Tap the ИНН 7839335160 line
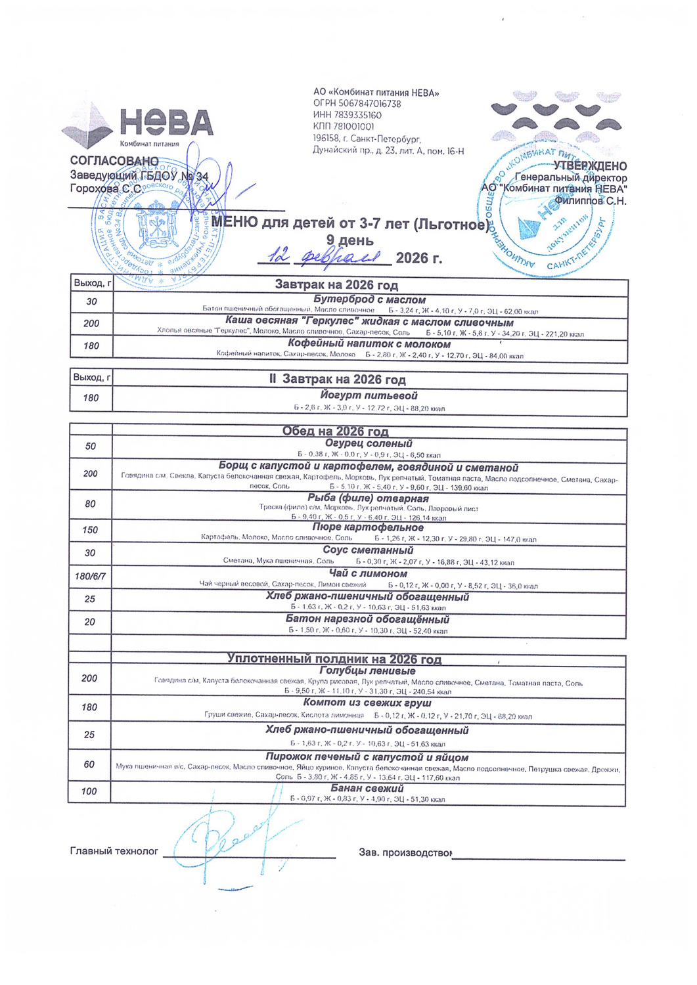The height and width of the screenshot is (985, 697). (347, 115)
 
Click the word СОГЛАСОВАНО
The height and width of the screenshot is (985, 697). (114, 161)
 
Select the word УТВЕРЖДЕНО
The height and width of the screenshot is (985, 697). (590, 166)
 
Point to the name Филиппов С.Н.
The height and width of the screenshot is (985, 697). (590, 201)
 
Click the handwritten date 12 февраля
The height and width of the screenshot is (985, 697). (325, 257)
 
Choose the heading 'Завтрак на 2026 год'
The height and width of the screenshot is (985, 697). (336, 285)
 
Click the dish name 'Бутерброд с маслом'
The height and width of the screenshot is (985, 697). (369, 299)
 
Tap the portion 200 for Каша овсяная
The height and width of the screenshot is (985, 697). (91, 323)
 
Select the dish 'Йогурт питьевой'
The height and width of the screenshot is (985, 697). (369, 395)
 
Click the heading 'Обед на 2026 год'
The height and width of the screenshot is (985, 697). (335, 431)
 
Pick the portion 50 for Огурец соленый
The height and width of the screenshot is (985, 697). (91, 446)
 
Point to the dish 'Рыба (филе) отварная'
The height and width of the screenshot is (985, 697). (368, 498)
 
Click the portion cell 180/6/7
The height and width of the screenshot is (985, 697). (90, 577)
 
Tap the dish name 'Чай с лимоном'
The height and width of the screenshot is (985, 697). (368, 573)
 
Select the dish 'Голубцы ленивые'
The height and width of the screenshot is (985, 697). (367, 670)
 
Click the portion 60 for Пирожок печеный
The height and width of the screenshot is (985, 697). (89, 764)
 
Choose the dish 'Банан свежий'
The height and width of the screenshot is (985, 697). (367, 787)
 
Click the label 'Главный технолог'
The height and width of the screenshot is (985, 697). (114, 851)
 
